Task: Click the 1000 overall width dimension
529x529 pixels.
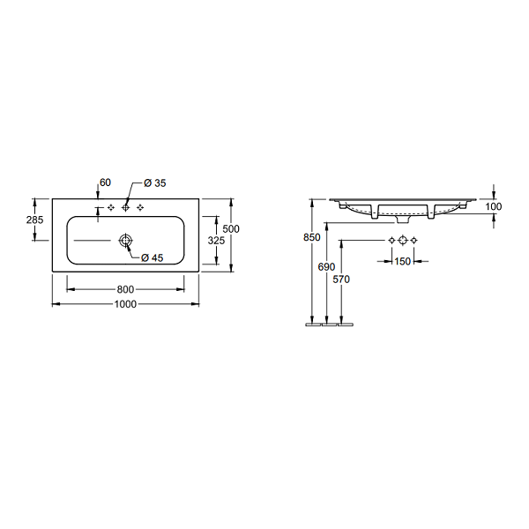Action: coord(125,304)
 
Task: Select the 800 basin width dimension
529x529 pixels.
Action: coord(125,289)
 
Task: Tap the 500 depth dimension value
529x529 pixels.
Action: coord(231,229)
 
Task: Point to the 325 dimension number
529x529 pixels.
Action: coord(216,241)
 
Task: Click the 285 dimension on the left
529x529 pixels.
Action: coord(34,220)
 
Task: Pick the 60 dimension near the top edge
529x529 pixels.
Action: coord(105,183)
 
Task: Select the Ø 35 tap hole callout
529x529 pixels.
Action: coord(155,183)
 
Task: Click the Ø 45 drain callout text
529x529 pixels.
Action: coord(153,258)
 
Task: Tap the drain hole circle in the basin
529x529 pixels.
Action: coord(125,240)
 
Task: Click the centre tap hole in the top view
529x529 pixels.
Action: coord(125,208)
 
